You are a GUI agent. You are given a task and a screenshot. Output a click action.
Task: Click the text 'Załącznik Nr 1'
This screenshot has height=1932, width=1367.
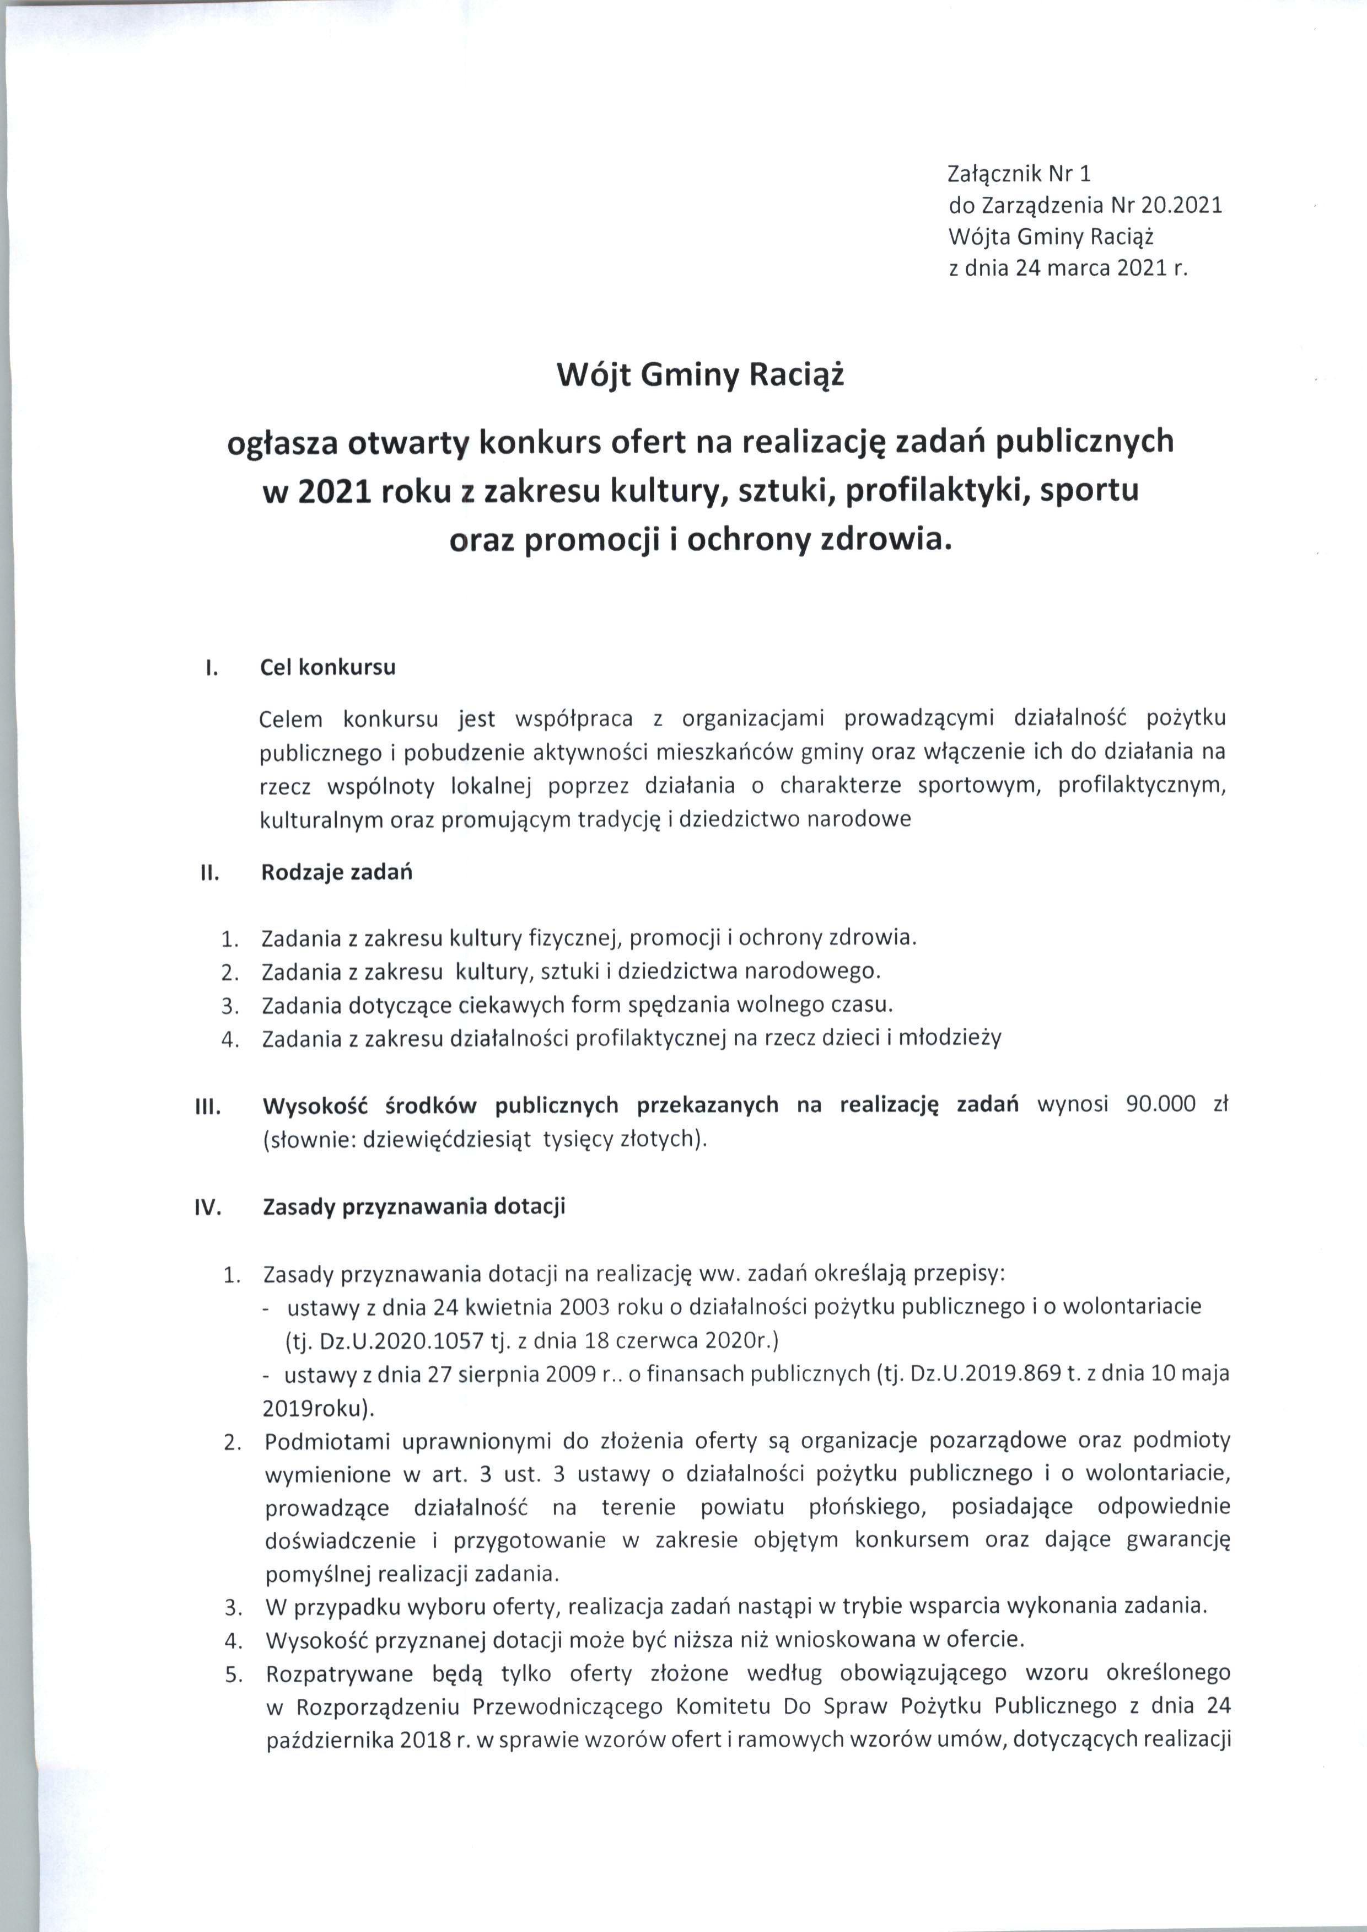[1019, 174]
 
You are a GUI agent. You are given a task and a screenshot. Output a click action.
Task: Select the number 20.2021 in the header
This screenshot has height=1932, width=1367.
[1187, 206]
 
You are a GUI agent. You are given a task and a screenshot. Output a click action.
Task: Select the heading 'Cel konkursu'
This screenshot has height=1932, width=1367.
[327, 668]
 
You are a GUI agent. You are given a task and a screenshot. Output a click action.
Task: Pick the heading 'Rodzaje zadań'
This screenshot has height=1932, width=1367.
[337, 872]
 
